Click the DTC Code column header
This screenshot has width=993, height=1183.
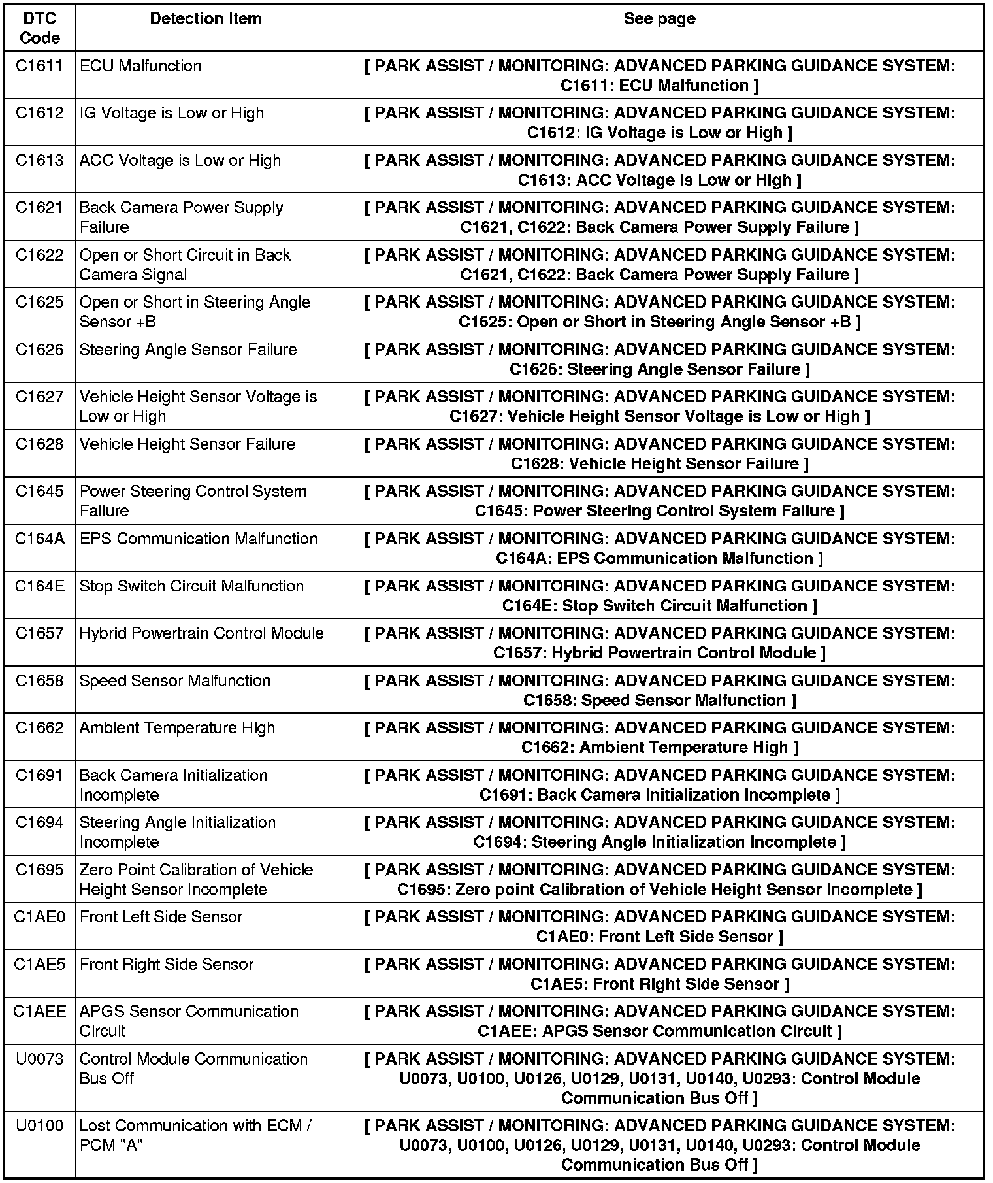pos(40,28)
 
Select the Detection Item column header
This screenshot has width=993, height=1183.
pos(206,19)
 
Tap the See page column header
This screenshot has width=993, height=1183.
pos(659,19)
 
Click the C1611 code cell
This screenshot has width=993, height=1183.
pos(40,66)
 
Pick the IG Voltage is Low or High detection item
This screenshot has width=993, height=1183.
pos(172,113)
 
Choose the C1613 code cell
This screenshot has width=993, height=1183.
pos(40,161)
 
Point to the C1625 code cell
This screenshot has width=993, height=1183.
pos(40,303)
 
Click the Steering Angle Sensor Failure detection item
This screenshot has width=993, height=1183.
pos(188,350)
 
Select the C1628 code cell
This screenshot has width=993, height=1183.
pos(40,444)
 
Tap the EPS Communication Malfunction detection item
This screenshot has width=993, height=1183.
pos(199,539)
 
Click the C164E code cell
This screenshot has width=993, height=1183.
pos(40,586)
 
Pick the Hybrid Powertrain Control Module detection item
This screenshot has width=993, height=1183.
pos(202,633)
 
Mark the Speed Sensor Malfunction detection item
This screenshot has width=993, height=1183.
pos(175,681)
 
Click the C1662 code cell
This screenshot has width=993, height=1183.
pos(40,728)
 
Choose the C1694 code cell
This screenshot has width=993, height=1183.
pos(40,823)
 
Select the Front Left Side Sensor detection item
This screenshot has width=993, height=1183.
pos(161,917)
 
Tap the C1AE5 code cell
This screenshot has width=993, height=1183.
pos(40,965)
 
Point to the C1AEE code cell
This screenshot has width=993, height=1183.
pos(40,1012)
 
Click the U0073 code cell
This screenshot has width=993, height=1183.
pos(40,1059)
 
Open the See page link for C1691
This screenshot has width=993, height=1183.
pos(659,785)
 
